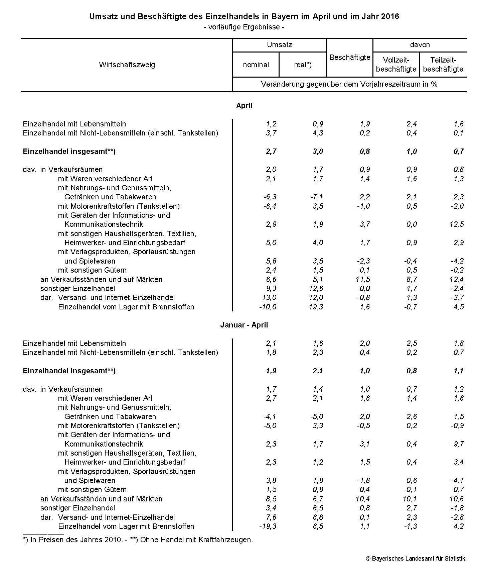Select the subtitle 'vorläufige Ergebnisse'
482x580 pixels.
[244, 27]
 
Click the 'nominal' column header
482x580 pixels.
[256, 65]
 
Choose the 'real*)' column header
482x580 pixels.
[303, 65]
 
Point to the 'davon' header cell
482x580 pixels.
[420, 45]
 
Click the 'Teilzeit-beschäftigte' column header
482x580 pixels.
[443, 65]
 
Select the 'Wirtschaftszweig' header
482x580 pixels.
[127, 65]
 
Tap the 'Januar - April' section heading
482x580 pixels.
[244, 325]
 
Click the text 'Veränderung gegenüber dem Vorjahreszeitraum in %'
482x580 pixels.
[349, 84]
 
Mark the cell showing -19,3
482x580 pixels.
[268, 526]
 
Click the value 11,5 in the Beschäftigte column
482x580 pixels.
[363, 279]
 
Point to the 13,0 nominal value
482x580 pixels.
[270, 297]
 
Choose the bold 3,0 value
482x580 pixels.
[318, 151]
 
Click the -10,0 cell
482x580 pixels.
[268, 307]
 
